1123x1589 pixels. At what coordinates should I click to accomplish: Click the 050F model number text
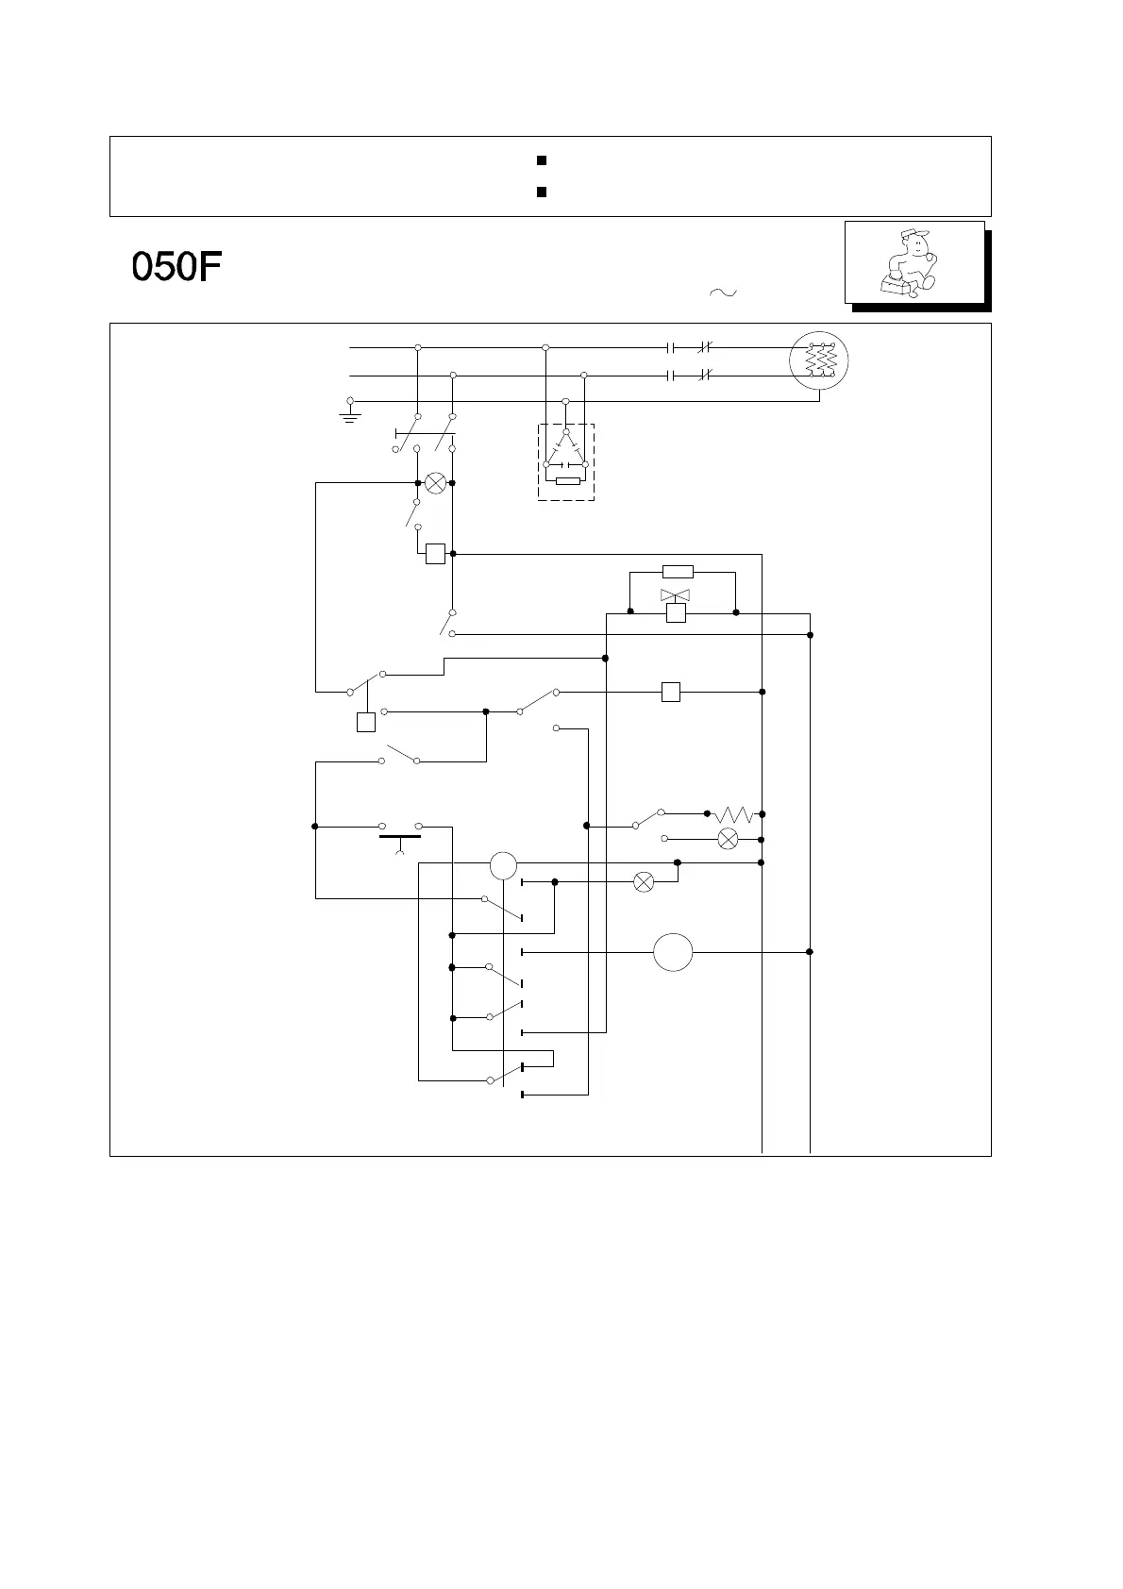pos(176,267)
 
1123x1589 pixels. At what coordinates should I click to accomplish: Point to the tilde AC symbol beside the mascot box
pos(722,293)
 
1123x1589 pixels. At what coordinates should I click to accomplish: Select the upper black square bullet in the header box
pos(542,161)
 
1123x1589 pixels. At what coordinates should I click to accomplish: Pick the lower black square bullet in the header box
pos(542,192)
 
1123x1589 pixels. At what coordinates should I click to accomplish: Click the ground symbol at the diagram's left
pos(350,410)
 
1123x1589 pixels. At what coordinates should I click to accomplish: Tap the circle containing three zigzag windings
pos(818,360)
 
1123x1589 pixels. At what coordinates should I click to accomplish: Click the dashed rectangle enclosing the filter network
pos(566,461)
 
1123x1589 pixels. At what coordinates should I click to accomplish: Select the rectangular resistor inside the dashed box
pos(567,481)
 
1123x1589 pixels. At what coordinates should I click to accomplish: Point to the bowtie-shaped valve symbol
pos(675,594)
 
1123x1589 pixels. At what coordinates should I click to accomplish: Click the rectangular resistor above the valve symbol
pos(678,572)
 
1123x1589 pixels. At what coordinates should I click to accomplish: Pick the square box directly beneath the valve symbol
pos(676,613)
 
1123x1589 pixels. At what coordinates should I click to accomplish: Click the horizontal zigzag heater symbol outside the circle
pos(733,813)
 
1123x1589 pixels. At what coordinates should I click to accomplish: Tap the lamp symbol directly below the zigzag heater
pos(728,839)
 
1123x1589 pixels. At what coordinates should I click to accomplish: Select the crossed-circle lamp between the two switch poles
pos(435,483)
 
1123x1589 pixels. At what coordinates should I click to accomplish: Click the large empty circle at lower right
pos(673,952)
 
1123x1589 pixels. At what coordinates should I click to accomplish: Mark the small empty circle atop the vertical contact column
pos(503,864)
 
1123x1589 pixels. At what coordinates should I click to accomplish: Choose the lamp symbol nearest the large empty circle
pos(643,882)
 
